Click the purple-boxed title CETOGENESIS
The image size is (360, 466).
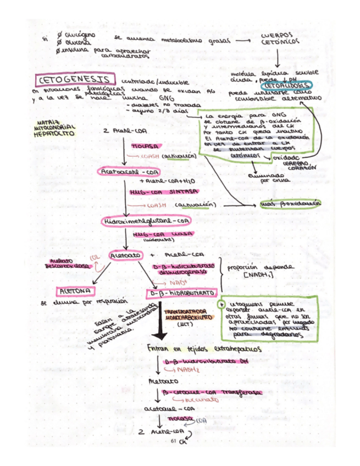pos(73,80)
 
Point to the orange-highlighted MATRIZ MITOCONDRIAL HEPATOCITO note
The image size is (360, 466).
pos(54,127)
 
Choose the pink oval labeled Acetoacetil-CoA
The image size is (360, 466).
pos(125,171)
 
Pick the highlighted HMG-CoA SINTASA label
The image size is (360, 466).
pos(159,192)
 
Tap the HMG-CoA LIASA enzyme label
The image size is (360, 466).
pos(162,235)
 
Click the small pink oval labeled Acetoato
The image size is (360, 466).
pos(124,256)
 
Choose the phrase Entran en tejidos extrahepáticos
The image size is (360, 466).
pos(201,349)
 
